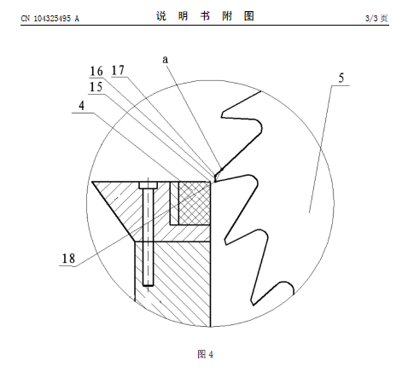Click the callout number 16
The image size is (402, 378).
[x=96, y=71]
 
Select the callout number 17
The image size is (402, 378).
[x=118, y=70]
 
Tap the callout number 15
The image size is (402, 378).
[x=96, y=87]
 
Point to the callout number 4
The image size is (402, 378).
[x=82, y=106]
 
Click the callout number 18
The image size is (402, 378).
[x=68, y=259]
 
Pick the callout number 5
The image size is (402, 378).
[x=341, y=78]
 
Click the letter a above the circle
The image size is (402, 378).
[x=166, y=60]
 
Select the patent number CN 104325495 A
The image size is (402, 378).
[x=50, y=19]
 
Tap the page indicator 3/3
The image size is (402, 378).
[x=371, y=19]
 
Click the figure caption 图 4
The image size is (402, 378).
[x=205, y=354]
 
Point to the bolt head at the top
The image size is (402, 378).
[x=148, y=185]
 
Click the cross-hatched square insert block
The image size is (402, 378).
[x=195, y=203]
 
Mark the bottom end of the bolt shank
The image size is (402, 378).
[x=148, y=285]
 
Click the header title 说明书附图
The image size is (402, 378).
[x=205, y=16]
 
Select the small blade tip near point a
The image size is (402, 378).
[x=217, y=176]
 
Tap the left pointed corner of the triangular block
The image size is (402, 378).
[x=92, y=182]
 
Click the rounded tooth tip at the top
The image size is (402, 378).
[x=259, y=125]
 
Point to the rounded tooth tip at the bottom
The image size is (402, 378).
[x=288, y=286]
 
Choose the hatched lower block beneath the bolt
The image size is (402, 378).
[x=172, y=284]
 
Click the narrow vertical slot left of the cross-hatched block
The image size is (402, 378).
[x=174, y=203]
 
